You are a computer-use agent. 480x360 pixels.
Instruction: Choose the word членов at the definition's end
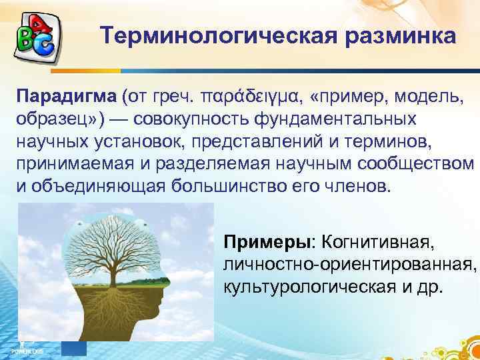tap(365, 185)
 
